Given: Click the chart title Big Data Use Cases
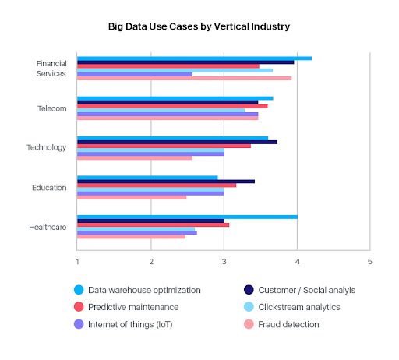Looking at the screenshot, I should tap(199, 26).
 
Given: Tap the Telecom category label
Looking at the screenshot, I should tap(52, 108).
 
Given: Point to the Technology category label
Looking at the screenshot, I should tap(48, 147).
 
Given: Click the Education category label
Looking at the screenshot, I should tap(50, 187).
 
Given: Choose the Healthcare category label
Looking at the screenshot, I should tap(48, 227).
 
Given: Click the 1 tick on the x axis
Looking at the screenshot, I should tap(77, 259).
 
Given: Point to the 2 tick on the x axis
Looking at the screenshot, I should tap(151, 259).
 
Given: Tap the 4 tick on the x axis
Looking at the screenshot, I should tap(297, 259).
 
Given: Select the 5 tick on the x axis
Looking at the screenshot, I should tap(370, 259).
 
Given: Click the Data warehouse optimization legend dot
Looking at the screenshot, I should tap(79, 290).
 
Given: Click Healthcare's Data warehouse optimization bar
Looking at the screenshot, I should tap(187, 217).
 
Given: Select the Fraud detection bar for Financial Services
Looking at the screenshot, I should tap(184, 78).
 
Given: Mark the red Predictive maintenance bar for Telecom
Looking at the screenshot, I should tap(172, 106).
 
